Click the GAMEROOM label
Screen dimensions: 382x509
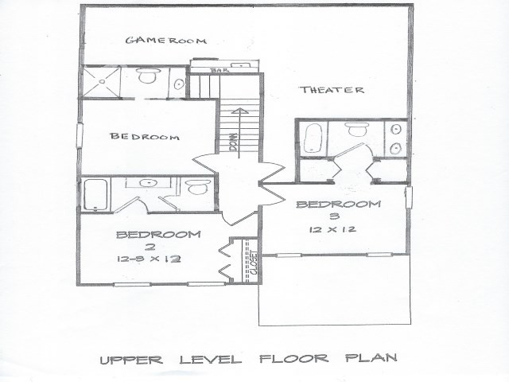coord(166,40)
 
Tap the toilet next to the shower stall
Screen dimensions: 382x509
coord(147,78)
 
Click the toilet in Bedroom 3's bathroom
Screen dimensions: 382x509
coord(356,131)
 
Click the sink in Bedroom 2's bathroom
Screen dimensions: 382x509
coord(147,183)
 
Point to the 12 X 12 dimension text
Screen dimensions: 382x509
coord(332,229)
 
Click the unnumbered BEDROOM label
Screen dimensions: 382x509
coord(145,136)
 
